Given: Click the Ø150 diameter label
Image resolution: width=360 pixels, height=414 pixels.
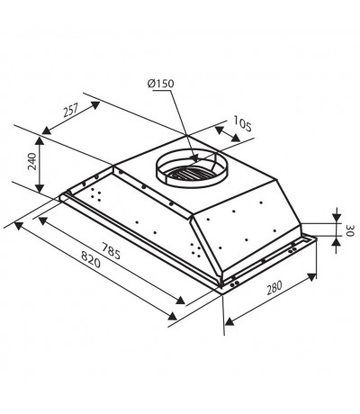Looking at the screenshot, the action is [x=160, y=84].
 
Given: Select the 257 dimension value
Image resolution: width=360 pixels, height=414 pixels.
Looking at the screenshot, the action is [x=70, y=110].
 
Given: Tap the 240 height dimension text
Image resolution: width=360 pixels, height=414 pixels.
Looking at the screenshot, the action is [x=32, y=161].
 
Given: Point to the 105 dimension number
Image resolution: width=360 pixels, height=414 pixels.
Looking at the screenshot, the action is [x=242, y=124].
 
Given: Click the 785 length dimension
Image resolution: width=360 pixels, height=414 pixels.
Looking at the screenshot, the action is [x=111, y=251].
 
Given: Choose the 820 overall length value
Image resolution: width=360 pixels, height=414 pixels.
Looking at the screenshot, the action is [x=91, y=259].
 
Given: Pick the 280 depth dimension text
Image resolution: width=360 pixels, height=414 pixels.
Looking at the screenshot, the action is [x=274, y=287].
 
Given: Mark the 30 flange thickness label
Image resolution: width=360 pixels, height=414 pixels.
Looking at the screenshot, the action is [x=350, y=230].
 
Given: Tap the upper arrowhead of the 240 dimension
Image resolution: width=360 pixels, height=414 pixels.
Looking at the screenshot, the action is [x=40, y=140].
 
